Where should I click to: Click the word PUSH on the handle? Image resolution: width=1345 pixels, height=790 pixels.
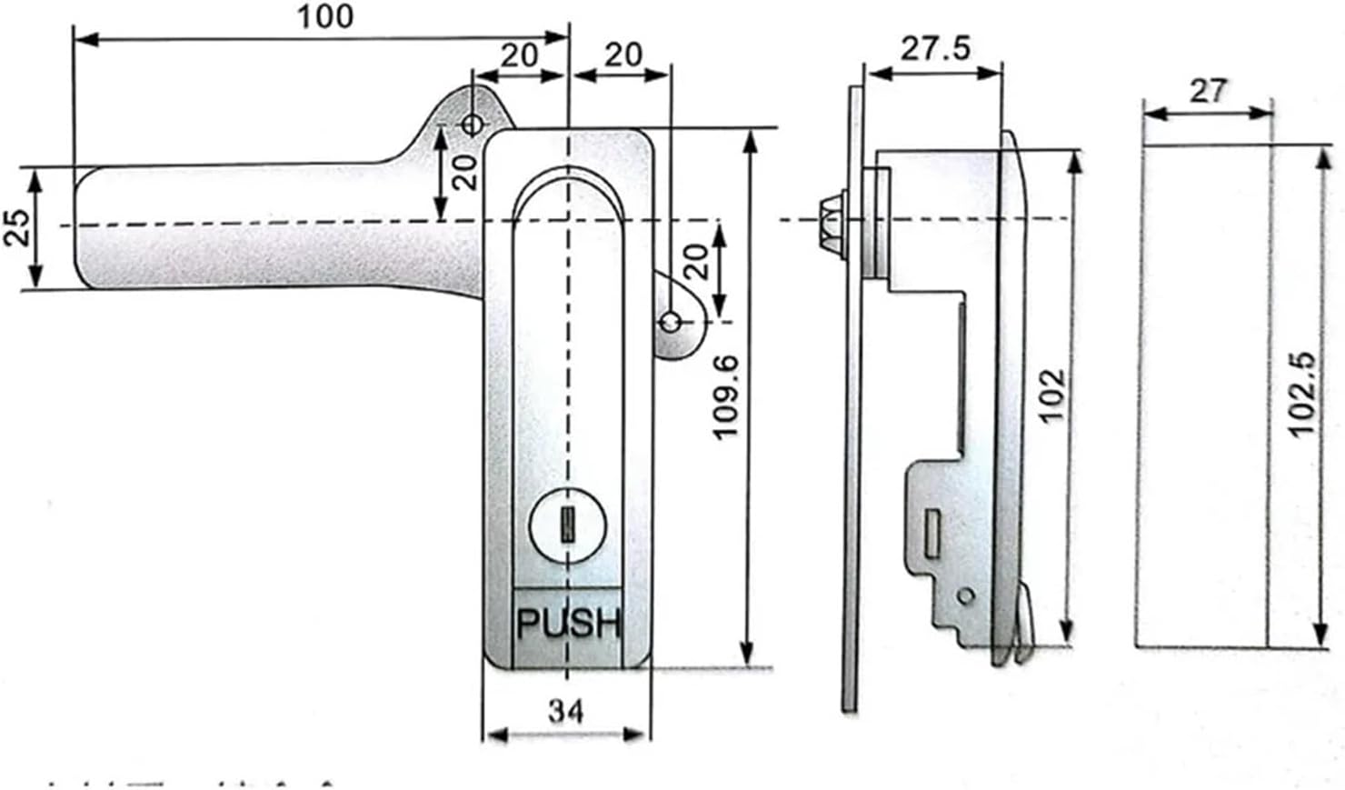(x=568, y=624)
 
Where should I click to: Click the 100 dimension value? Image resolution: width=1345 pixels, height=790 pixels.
(x=325, y=16)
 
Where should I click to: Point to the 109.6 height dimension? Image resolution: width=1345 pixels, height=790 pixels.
(x=724, y=397)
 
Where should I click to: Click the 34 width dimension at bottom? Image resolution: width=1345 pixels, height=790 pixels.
(x=566, y=711)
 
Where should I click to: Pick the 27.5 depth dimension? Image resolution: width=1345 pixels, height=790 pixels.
(x=935, y=48)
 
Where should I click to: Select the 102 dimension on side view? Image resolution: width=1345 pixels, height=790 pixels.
(x=1051, y=395)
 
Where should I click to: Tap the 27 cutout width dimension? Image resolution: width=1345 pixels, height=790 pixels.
(x=1207, y=91)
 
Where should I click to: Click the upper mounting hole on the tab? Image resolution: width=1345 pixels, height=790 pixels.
(x=473, y=124)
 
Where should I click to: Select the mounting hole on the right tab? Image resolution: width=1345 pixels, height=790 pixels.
(x=671, y=322)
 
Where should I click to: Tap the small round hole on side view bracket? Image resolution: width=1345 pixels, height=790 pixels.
(x=965, y=595)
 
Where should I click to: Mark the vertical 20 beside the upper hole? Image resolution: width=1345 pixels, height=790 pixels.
(x=465, y=170)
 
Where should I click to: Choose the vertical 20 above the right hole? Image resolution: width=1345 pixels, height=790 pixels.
(x=695, y=263)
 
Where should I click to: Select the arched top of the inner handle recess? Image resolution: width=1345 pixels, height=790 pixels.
(x=568, y=177)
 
